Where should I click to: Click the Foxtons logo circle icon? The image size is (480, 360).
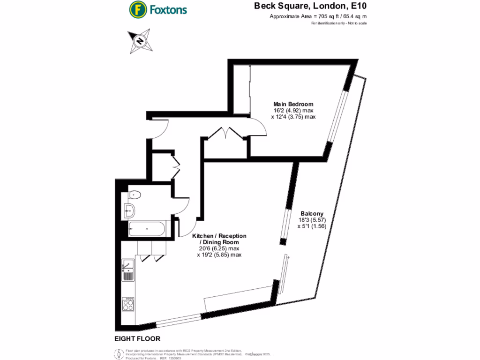point(137,9)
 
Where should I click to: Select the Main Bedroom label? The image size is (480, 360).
point(293,104)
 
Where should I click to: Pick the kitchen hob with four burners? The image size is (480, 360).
point(128,306)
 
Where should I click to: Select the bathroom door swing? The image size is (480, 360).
point(183,206)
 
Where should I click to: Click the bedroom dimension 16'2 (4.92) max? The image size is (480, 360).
point(293,111)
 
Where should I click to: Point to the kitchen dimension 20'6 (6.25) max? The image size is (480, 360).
point(219,248)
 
